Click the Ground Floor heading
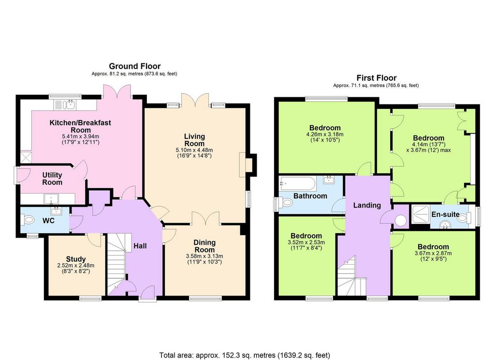(x=135, y=66)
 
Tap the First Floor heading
(x=376, y=78)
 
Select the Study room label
(x=76, y=259)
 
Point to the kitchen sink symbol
(x=65, y=105)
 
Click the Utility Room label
(x=52, y=179)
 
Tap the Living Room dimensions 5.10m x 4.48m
(x=194, y=150)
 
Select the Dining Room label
(x=204, y=246)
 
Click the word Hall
(x=140, y=246)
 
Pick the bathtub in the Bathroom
(x=297, y=183)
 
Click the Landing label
(x=367, y=205)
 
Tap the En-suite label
(x=445, y=214)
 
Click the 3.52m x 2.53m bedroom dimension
(x=306, y=242)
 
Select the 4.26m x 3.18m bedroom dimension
(x=325, y=135)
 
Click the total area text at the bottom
(x=245, y=355)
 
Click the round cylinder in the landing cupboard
(x=401, y=221)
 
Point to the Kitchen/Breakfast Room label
(x=80, y=126)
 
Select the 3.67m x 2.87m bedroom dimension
(x=433, y=253)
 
